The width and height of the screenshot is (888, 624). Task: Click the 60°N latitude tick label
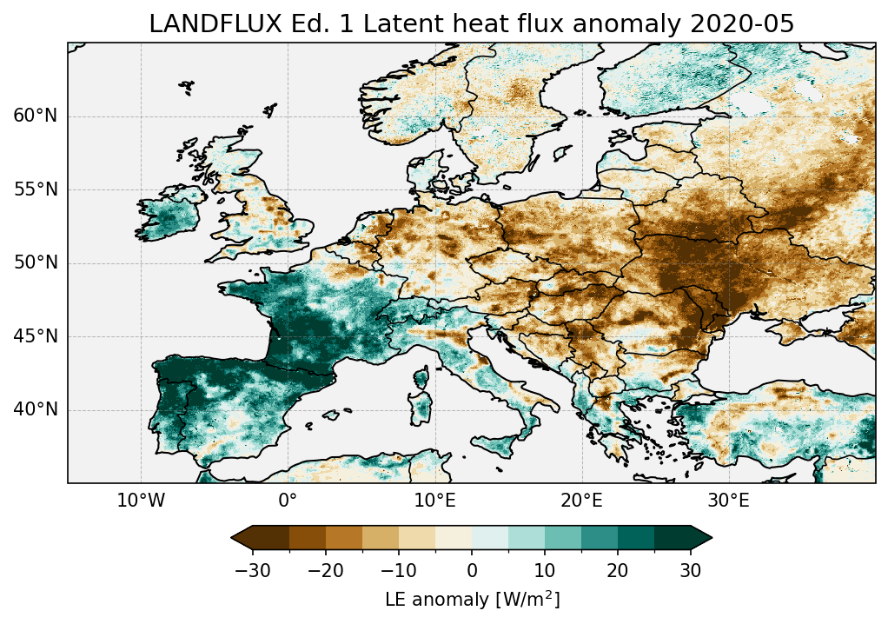[35, 116]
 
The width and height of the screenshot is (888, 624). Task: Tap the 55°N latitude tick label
[35, 189]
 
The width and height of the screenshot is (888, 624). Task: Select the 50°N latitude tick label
[35, 262]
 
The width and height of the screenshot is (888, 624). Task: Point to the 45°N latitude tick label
[35, 336]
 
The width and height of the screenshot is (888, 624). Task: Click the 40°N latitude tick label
[35, 409]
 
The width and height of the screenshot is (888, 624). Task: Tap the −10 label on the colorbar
[398, 570]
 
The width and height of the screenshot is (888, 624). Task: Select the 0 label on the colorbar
[472, 570]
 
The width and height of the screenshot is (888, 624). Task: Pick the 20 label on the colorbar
[618, 570]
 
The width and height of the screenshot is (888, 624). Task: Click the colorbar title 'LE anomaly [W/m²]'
[472, 600]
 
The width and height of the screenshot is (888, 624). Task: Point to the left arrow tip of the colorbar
[233, 539]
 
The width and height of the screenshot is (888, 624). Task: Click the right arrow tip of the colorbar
[711, 539]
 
